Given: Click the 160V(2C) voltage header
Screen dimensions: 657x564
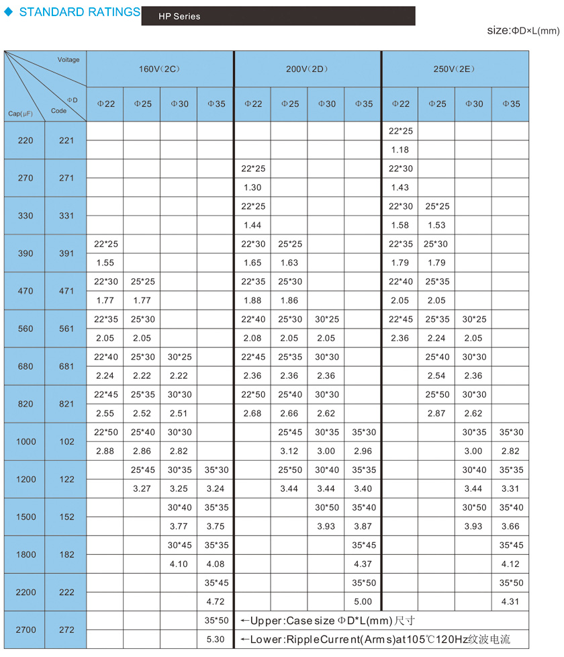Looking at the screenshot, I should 160,69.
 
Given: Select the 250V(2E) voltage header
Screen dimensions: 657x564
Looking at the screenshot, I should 455,69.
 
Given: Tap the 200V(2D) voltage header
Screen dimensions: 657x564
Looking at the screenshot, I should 308,69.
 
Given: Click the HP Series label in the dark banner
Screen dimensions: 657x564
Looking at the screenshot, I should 179,16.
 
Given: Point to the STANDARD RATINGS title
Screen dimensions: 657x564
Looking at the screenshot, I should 79,12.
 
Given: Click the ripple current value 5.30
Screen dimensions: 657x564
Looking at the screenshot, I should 216,639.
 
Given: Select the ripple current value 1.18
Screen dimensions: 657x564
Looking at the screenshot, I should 399,150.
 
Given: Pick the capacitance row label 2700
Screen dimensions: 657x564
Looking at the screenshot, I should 25,629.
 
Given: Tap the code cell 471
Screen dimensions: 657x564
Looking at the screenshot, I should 66,291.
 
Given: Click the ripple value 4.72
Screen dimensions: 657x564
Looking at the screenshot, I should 216,601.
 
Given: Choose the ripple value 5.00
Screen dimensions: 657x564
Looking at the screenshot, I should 363,601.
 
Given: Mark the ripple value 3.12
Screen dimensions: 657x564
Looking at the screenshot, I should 289,451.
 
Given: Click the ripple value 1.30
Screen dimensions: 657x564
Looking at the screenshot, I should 252,187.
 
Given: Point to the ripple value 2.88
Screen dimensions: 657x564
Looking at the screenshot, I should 105,451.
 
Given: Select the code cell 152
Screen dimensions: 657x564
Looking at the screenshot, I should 66,517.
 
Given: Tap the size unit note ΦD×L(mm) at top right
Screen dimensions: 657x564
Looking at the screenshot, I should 534,31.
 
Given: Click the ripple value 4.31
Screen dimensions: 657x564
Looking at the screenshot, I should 510,601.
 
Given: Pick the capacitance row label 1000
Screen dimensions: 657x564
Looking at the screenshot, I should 25,441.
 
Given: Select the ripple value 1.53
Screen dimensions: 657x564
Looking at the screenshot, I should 436,225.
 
